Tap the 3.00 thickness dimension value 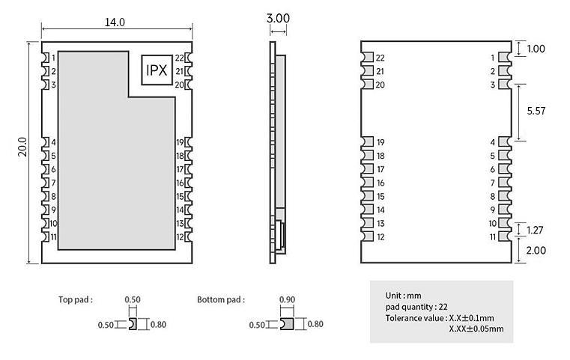278,18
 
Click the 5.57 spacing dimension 536,111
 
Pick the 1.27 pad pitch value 536,230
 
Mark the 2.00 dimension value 536,250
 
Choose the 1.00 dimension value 536,49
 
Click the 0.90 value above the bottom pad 287,299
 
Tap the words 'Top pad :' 76,299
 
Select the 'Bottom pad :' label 221,299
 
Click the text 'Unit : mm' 403,296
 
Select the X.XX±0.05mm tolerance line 476,329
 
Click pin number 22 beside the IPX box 180,58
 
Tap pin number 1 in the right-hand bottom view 493,58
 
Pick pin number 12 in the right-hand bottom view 380,237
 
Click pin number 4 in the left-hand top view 53,142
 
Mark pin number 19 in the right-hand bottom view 380,142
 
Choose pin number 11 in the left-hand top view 53,237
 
